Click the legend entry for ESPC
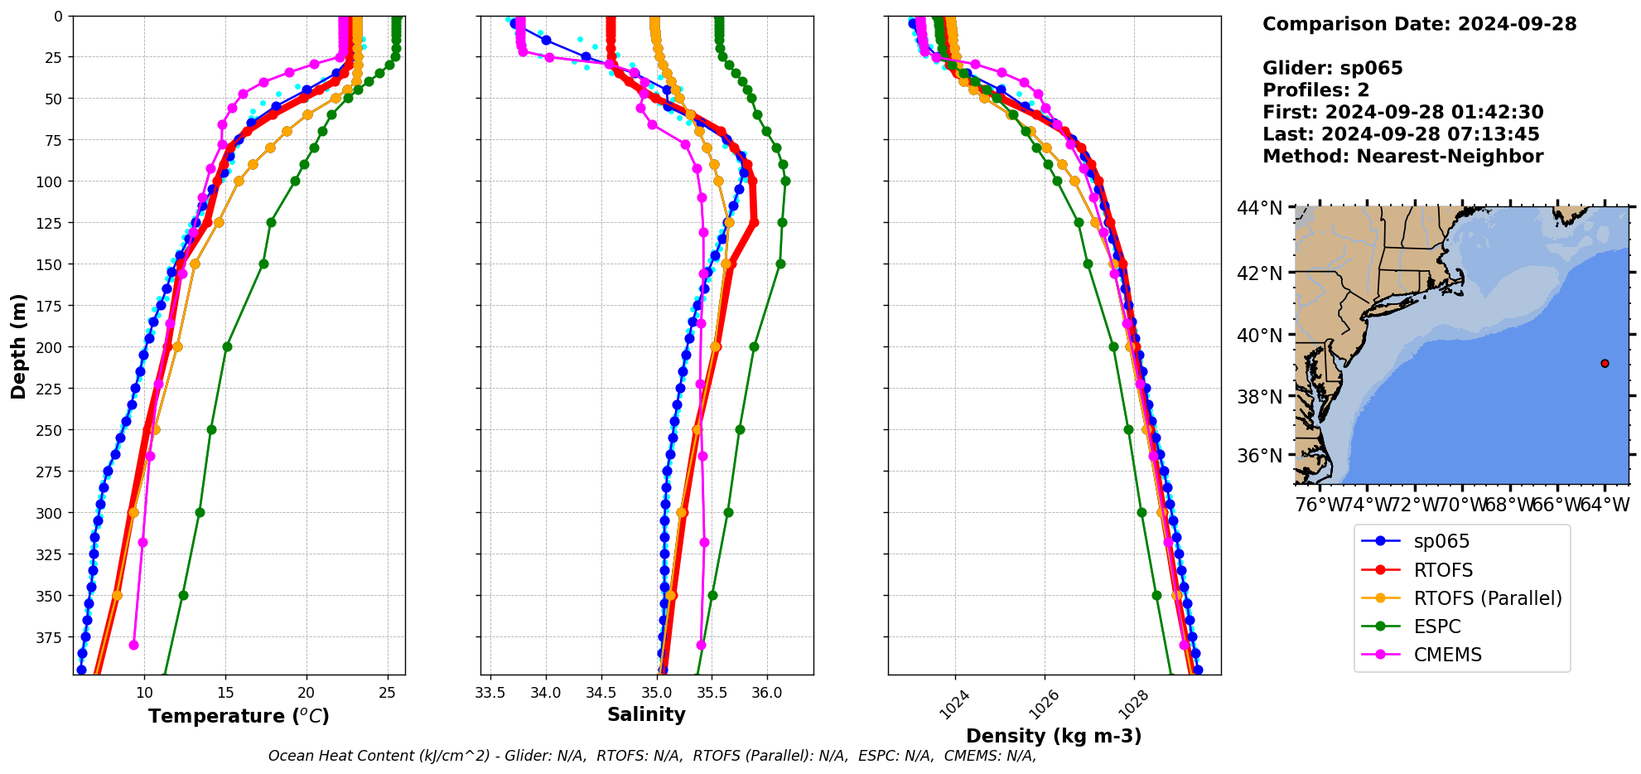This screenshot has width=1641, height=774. pyautogui.click(x=1436, y=626)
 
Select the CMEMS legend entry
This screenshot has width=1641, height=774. pyautogui.click(x=1447, y=655)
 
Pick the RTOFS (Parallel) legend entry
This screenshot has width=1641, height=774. pyautogui.click(x=1487, y=598)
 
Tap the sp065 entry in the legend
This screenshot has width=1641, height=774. pyautogui.click(x=1441, y=541)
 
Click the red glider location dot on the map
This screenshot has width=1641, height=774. pyautogui.click(x=1605, y=363)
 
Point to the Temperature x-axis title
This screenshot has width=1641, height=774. pyautogui.click(x=239, y=716)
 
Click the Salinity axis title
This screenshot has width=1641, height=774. pyautogui.click(x=646, y=714)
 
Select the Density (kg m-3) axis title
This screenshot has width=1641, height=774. pyautogui.click(x=1054, y=736)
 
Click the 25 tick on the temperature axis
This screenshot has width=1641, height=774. pyautogui.click(x=387, y=693)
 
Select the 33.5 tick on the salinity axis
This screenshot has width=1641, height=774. pyautogui.click(x=490, y=693)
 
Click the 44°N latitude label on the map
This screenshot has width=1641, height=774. pyautogui.click(x=1259, y=207)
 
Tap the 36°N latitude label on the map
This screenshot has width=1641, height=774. pyautogui.click(x=1259, y=456)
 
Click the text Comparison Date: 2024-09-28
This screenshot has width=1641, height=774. pyautogui.click(x=1419, y=24)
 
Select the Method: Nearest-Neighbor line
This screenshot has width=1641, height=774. pyautogui.click(x=1402, y=157)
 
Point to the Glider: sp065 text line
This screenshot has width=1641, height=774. pyautogui.click(x=1332, y=68)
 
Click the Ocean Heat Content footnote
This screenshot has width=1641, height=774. pyautogui.click(x=652, y=756)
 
